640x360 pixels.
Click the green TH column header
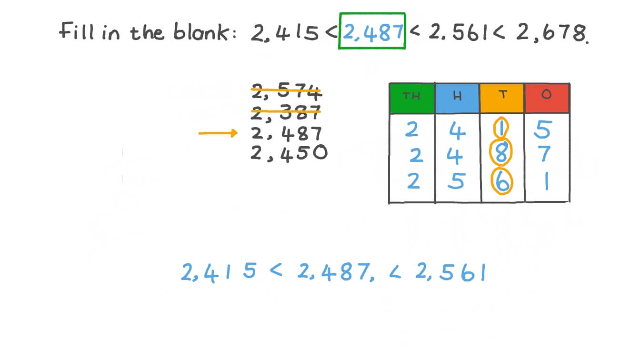point(412,98)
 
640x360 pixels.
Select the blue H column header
point(457,98)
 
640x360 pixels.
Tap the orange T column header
point(502,98)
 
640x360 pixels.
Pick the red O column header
point(547,98)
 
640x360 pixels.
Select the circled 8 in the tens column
point(501,153)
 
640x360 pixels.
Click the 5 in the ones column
point(542,130)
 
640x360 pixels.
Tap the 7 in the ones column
point(544,154)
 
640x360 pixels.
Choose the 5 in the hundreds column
point(457,180)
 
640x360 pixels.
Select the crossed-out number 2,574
point(287,91)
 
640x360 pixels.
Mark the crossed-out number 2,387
point(286,112)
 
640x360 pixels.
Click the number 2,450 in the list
point(289,153)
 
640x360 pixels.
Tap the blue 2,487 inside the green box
point(373,32)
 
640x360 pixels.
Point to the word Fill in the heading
point(76,31)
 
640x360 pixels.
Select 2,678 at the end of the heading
point(552,32)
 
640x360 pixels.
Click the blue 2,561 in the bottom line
point(450,272)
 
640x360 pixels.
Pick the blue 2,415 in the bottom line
point(219,272)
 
